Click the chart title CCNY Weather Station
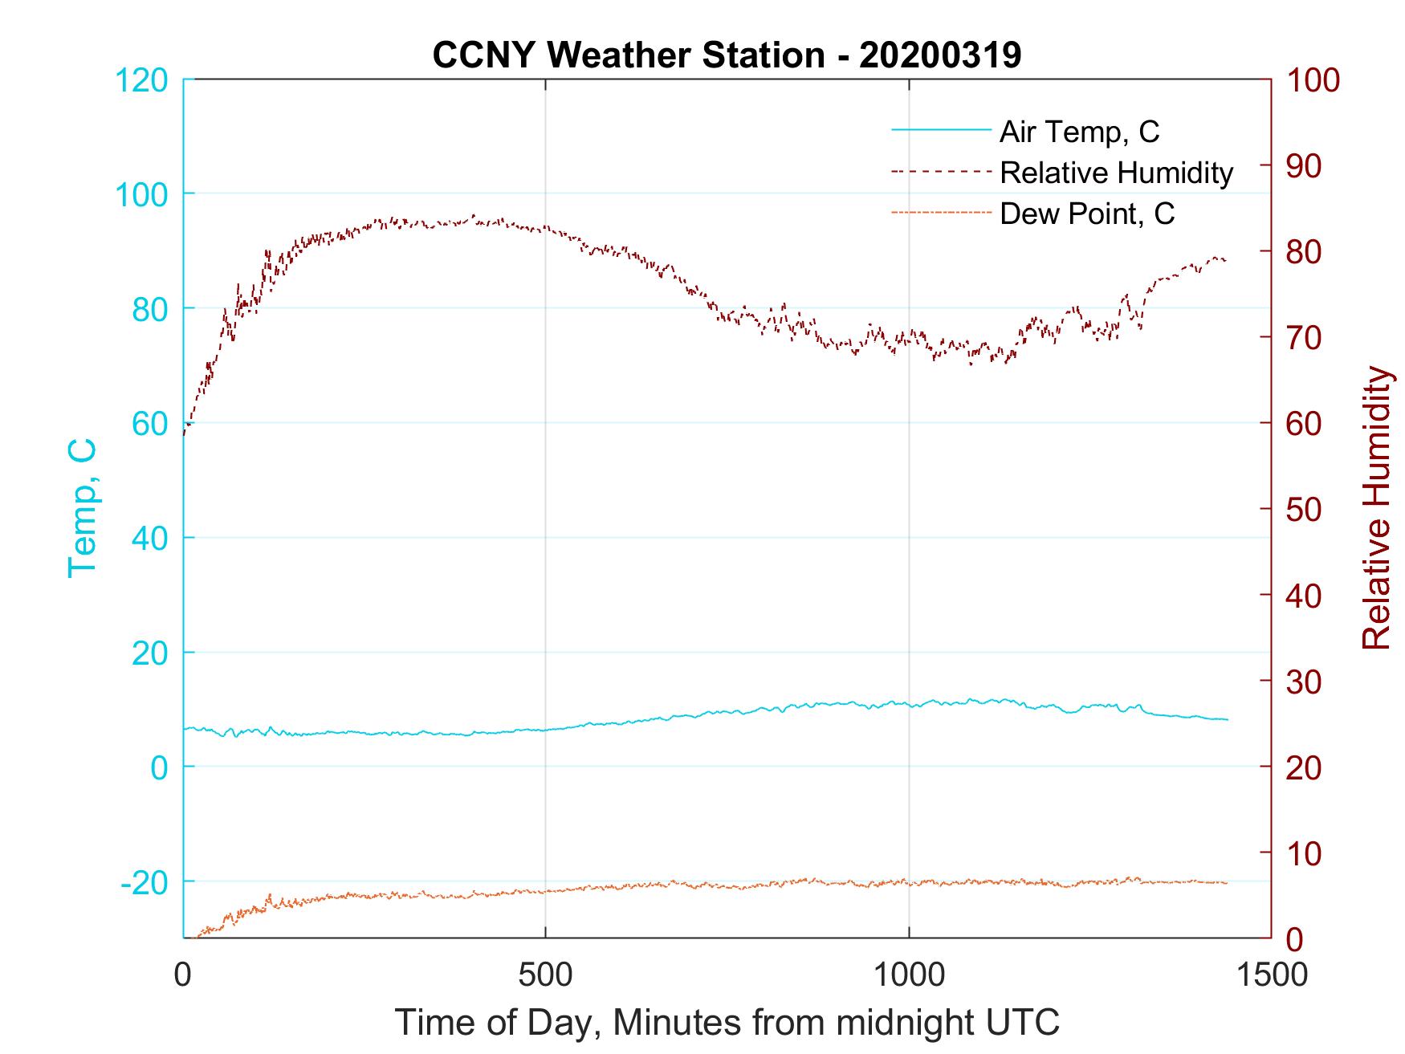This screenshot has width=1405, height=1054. (x=727, y=55)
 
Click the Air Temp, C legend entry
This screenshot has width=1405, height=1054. (x=1079, y=132)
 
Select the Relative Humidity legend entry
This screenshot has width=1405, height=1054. (x=1116, y=173)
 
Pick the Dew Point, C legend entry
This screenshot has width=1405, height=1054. (x=1087, y=214)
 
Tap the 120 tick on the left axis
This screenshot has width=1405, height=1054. (x=141, y=80)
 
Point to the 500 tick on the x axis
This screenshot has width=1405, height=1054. (x=545, y=974)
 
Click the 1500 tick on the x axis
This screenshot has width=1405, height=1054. (x=1270, y=974)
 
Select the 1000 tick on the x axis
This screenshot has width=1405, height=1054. (x=909, y=974)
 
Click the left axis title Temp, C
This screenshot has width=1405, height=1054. (x=83, y=507)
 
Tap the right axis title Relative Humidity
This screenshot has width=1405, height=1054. (x=1376, y=507)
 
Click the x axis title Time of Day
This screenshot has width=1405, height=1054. (x=727, y=1023)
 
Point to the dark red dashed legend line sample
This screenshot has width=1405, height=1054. (x=941, y=172)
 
